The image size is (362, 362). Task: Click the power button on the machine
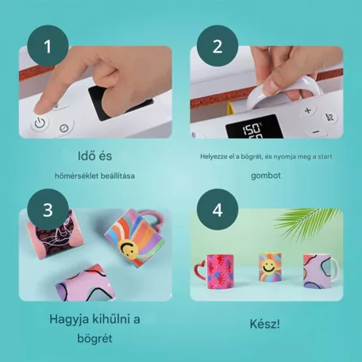point(40,123)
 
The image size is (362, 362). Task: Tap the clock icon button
point(64,129)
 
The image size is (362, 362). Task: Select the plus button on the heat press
point(308,110)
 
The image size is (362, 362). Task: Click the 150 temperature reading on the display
point(252,129)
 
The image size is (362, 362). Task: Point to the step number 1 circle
point(48,46)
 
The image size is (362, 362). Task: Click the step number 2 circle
point(218,46)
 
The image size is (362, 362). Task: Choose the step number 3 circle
point(48,210)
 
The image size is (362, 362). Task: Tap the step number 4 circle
point(218,210)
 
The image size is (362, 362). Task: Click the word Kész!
point(264,324)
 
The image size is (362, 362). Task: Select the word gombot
point(266,175)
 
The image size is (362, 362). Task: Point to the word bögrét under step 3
point(94,338)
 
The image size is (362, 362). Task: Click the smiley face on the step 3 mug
point(129,248)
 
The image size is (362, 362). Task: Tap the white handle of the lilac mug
point(335,268)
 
